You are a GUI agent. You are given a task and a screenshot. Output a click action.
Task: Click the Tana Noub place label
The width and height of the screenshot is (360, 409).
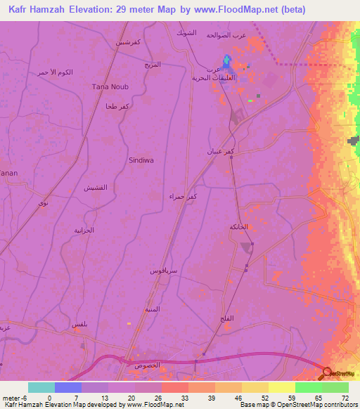108,86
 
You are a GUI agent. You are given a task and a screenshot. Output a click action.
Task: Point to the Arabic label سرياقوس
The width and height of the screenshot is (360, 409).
163,270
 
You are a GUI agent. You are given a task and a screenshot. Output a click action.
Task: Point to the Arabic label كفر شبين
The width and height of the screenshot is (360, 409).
131,42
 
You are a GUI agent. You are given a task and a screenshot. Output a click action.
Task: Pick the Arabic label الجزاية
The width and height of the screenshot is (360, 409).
84,230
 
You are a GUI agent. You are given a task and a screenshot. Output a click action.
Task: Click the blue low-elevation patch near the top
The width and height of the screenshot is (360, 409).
226,62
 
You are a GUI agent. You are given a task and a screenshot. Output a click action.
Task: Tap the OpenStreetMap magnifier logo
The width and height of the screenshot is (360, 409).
328,372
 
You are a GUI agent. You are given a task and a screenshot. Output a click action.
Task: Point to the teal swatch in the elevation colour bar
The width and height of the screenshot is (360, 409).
41,387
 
